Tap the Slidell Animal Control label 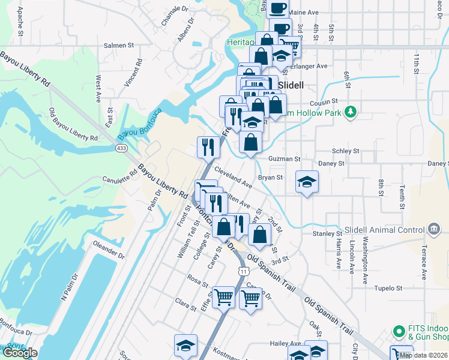[x=384, y=230]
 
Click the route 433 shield [x=121, y=147]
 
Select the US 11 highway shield [x=243, y=271]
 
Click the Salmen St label [x=119, y=45]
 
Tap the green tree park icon [x=351, y=112]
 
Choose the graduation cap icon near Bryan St [x=307, y=182]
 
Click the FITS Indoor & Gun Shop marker [x=399, y=331]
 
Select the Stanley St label [x=327, y=233]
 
